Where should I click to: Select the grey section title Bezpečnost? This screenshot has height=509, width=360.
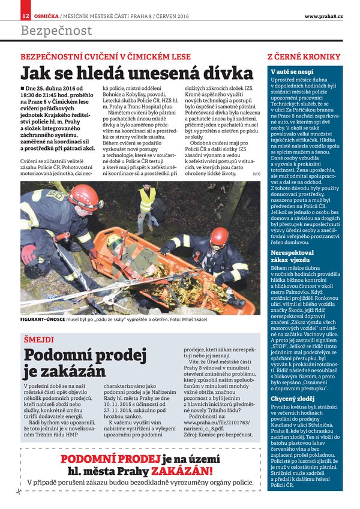tap(56, 31)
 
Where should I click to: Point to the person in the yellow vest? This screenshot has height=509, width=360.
tap(147, 202)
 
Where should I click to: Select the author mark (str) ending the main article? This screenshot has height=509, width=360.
tap(256, 173)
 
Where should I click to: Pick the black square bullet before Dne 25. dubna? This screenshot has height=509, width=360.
tap(23, 89)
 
